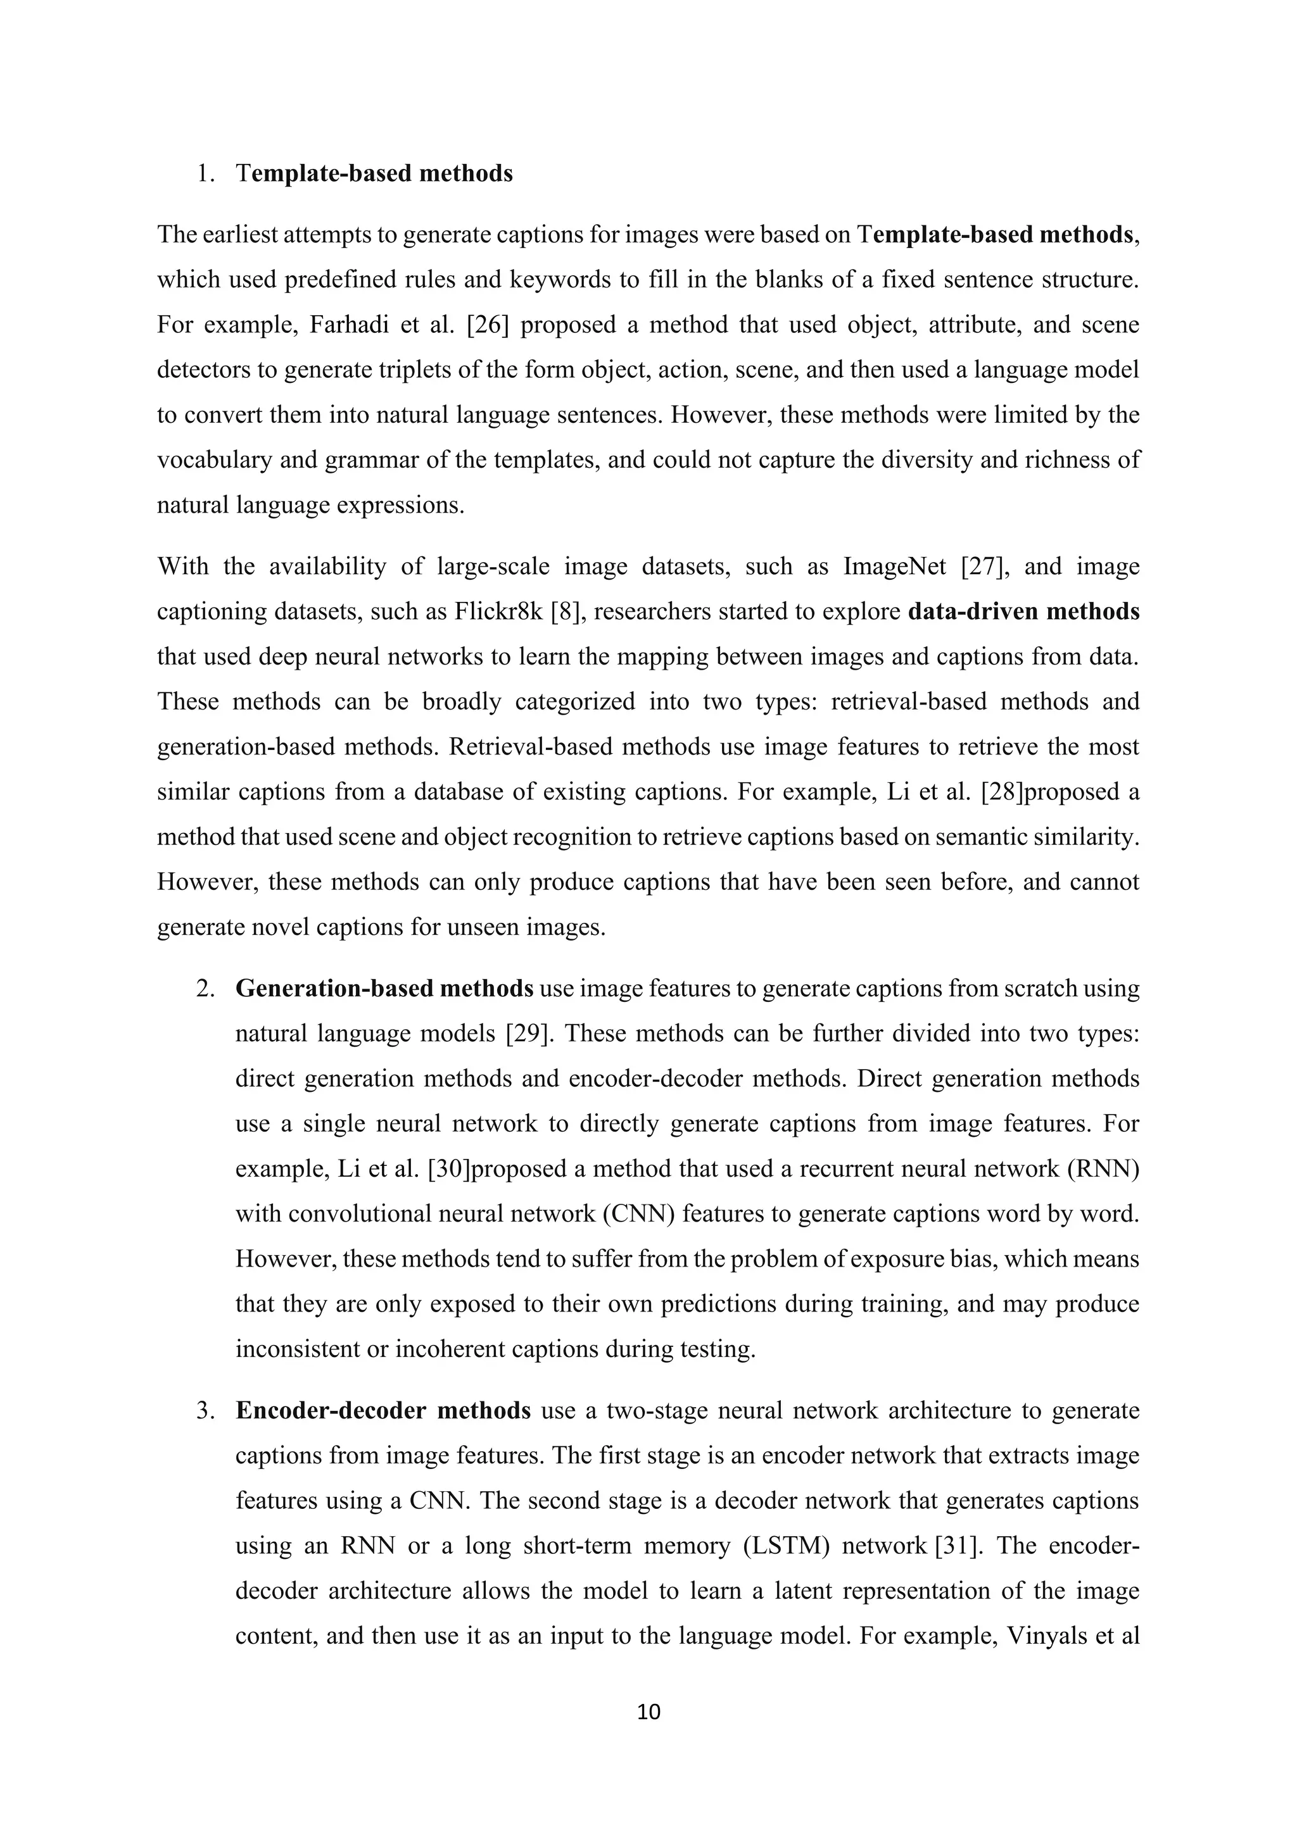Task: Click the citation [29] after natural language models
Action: coord(526,1033)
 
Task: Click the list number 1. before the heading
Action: coord(205,173)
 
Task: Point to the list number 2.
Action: coord(205,989)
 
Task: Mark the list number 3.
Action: coord(205,1411)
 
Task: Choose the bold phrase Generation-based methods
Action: coord(384,989)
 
